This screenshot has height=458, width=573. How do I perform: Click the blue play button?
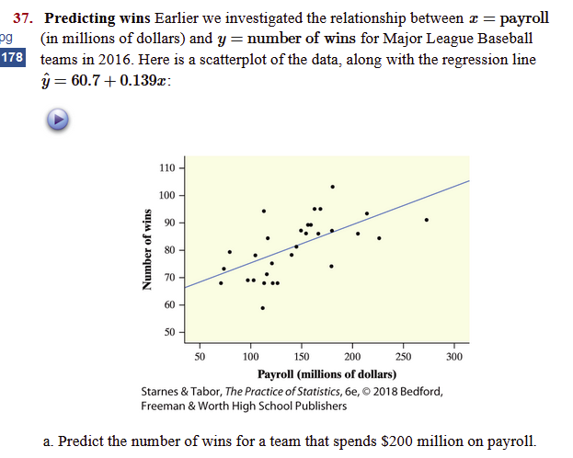pos(57,120)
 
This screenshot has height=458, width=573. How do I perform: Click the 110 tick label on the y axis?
pos(166,168)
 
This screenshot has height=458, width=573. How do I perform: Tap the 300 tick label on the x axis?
pos(453,356)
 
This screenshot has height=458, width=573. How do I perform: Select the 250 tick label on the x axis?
pos(403,356)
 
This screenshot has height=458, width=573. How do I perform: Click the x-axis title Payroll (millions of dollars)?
pos(327,373)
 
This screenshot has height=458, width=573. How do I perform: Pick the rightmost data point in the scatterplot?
pos(426,220)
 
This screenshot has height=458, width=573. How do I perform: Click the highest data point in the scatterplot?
pos(332,187)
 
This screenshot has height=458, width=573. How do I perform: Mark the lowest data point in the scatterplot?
pos(262,308)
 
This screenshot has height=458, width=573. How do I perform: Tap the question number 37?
pos(24,18)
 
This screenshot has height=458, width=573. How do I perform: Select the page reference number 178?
pos(12,58)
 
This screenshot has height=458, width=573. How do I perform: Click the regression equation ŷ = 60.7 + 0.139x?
pos(106,78)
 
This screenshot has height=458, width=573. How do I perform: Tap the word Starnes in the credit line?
pos(163,390)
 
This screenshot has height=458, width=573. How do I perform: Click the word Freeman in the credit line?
pos(166,406)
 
